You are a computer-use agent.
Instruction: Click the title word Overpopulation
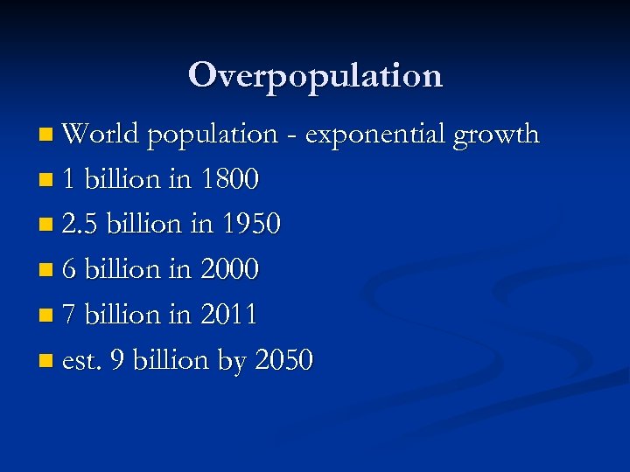click(x=315, y=75)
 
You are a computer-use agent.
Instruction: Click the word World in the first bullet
click(x=101, y=135)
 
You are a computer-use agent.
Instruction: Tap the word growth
click(x=497, y=135)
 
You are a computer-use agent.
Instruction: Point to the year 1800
click(x=229, y=180)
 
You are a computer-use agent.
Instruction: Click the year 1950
click(x=251, y=225)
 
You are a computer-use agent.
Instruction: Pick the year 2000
click(x=230, y=269)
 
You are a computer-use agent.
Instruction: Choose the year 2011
click(x=228, y=315)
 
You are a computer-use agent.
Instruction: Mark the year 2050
click(x=283, y=360)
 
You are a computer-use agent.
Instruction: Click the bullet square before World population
click(x=45, y=135)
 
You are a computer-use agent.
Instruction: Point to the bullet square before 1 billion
click(x=45, y=181)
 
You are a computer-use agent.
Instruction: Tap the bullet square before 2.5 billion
click(x=45, y=226)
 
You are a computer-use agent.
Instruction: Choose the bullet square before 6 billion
click(x=45, y=270)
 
